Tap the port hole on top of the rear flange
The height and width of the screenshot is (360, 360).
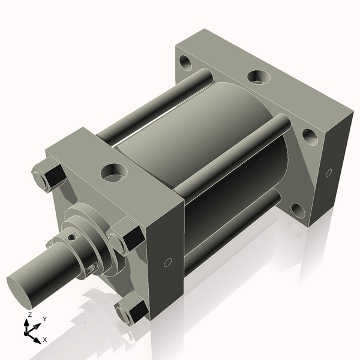(259, 77)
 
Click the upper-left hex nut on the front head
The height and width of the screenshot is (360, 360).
(49, 176)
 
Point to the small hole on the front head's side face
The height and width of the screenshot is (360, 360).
(167, 262)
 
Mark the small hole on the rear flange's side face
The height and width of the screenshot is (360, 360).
(328, 173)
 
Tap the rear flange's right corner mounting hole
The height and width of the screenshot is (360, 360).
(310, 136)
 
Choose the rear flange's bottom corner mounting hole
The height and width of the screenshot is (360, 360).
(298, 211)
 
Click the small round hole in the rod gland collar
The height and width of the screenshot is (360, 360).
(73, 237)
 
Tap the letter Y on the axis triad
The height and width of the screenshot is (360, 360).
(45, 319)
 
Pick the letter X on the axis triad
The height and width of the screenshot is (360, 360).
(45, 340)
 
